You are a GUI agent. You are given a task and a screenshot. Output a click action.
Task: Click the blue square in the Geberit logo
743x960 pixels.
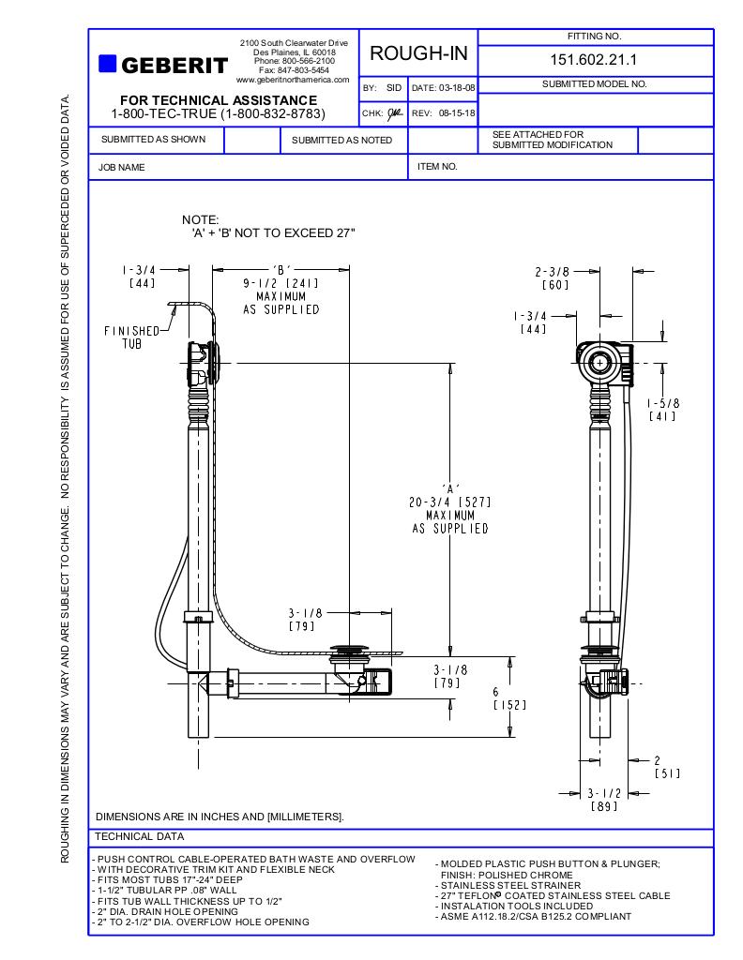(107, 64)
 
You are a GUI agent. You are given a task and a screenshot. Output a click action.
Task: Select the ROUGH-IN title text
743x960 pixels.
(418, 54)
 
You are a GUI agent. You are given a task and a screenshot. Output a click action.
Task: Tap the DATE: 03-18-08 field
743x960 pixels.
(444, 88)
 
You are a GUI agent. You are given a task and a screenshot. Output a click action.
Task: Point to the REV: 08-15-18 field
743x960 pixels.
(444, 113)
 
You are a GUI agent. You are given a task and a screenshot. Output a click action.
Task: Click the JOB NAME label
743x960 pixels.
(122, 167)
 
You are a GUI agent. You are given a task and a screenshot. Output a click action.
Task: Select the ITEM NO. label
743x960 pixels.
(437, 166)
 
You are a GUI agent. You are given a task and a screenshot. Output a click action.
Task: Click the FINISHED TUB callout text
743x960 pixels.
(131, 337)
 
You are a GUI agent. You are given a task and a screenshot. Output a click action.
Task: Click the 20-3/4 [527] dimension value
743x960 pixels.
(449, 502)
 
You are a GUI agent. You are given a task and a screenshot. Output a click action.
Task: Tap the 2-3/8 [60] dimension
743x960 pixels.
(553, 278)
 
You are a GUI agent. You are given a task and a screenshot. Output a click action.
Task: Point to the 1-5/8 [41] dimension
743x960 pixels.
(663, 410)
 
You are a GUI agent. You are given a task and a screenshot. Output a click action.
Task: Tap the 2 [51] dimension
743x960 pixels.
(666, 767)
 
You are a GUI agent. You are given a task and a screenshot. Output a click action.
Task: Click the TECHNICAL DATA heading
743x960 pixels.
(141, 836)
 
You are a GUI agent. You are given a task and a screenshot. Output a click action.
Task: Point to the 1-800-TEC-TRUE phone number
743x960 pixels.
(218, 113)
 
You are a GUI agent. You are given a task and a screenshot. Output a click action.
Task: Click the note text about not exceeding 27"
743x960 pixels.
(268, 232)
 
